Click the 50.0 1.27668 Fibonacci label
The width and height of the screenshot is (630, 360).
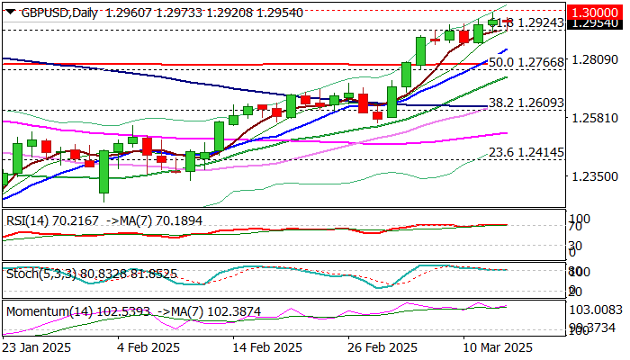tap(526, 63)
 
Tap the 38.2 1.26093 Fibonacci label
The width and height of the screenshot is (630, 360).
tap(526, 103)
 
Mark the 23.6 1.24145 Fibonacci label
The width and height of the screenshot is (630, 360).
tap(526, 153)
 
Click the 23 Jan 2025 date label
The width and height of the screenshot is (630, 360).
tap(39, 346)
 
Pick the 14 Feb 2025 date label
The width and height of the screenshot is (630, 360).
tap(266, 346)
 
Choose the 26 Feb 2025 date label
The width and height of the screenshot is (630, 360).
tap(382, 346)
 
